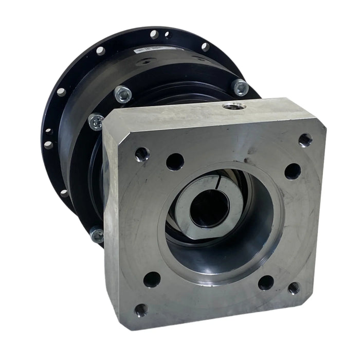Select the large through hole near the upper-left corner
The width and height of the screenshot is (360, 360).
175,161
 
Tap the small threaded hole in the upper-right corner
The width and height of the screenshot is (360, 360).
305,139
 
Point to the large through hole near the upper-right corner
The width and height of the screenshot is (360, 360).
292,171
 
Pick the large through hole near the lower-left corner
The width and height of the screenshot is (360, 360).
152,279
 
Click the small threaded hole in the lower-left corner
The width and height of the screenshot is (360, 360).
141,310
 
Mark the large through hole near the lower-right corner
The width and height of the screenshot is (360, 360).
266,282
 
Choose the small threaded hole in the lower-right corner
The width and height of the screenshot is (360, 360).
294,288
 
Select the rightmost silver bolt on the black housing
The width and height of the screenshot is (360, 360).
240,87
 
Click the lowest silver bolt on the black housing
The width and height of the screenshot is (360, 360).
97,235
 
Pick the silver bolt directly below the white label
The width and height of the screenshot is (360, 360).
122,94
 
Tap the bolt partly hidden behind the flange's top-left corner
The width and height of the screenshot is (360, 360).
96,121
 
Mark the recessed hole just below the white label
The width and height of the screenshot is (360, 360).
146,61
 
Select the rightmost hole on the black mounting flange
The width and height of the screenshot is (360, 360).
205,47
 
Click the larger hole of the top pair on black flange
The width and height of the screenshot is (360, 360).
154,34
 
